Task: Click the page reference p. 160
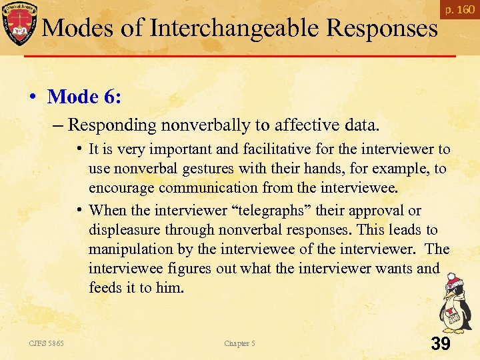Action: coord(460,10)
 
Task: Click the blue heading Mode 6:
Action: coord(84,97)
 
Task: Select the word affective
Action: coord(301,124)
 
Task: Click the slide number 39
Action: coord(441,344)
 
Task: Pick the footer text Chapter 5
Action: coord(239,343)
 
